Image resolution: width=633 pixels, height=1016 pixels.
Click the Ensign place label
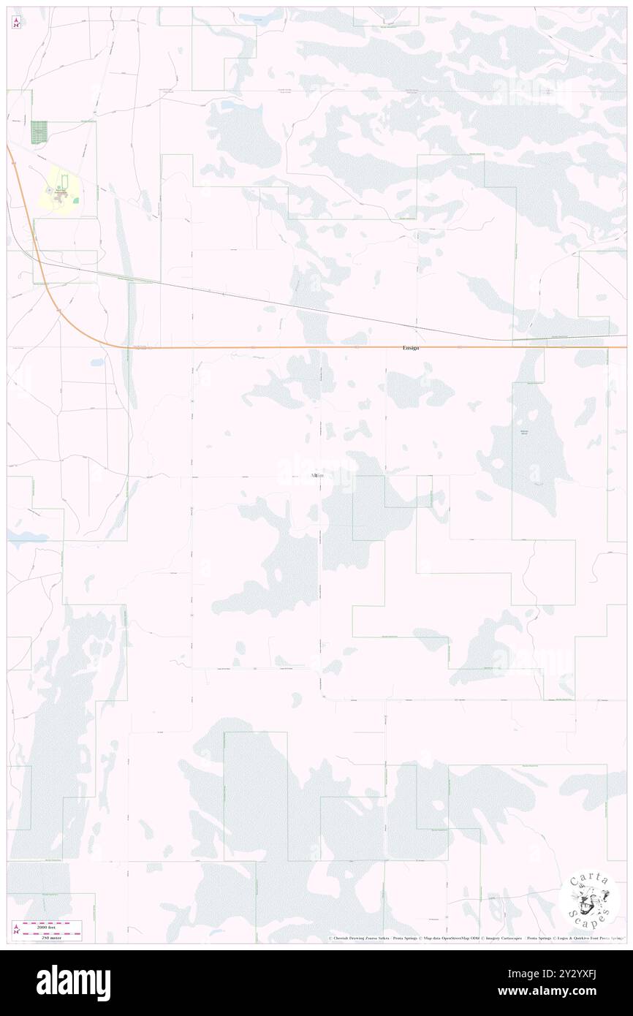click(x=411, y=348)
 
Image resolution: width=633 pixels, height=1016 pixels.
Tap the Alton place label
click(x=316, y=476)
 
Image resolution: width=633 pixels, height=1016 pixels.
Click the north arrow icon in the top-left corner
click(x=16, y=23)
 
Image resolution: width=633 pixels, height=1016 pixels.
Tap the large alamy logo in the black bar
click(x=73, y=982)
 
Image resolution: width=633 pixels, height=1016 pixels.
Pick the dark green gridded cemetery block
click(x=38, y=132)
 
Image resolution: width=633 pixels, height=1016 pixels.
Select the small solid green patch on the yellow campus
click(x=75, y=200)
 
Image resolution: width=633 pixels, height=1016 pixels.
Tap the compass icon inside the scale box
click(x=16, y=930)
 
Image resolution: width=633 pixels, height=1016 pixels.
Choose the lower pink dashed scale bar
click(x=51, y=932)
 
